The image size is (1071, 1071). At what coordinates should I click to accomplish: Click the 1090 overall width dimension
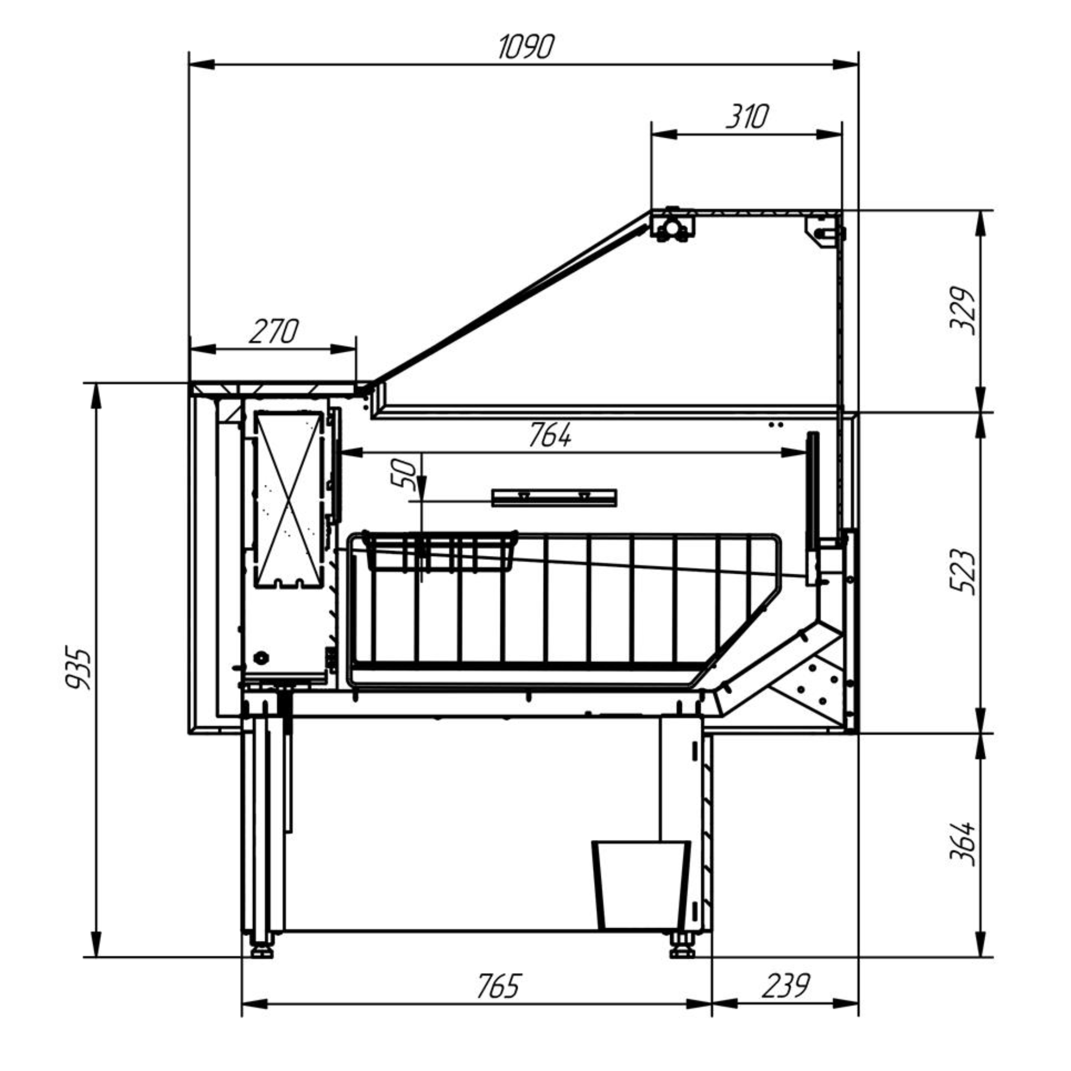525,47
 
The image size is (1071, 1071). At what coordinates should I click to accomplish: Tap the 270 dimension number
273,331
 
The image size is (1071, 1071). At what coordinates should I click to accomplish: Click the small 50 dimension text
406,474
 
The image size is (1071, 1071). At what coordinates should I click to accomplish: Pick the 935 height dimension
78,669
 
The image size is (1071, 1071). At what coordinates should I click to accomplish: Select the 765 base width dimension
499,986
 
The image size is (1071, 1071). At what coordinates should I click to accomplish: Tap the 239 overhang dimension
785,986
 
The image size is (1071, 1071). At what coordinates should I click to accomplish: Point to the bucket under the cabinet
642,885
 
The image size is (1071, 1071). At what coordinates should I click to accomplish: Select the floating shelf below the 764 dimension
554,497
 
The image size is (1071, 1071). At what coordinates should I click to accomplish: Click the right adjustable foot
683,945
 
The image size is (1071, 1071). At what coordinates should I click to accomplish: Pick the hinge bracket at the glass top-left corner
672,224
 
